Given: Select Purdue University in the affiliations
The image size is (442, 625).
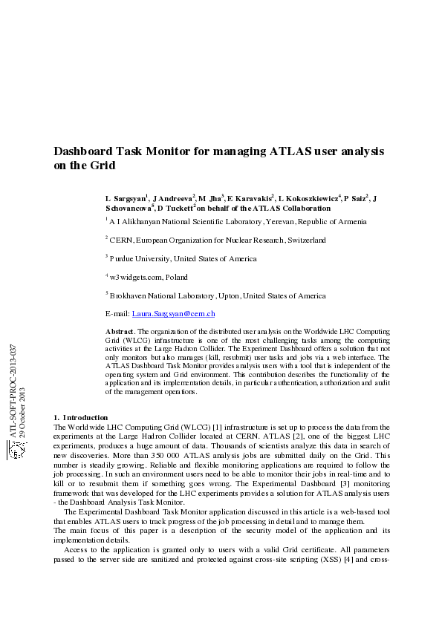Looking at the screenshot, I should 140,259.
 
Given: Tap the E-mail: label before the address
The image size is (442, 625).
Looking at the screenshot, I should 117,315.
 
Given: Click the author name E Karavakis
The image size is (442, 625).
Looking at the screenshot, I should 250,199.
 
